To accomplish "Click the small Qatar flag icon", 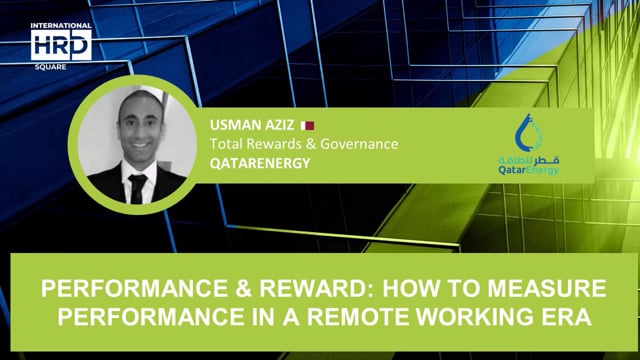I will pyautogui.click(x=309, y=126).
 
